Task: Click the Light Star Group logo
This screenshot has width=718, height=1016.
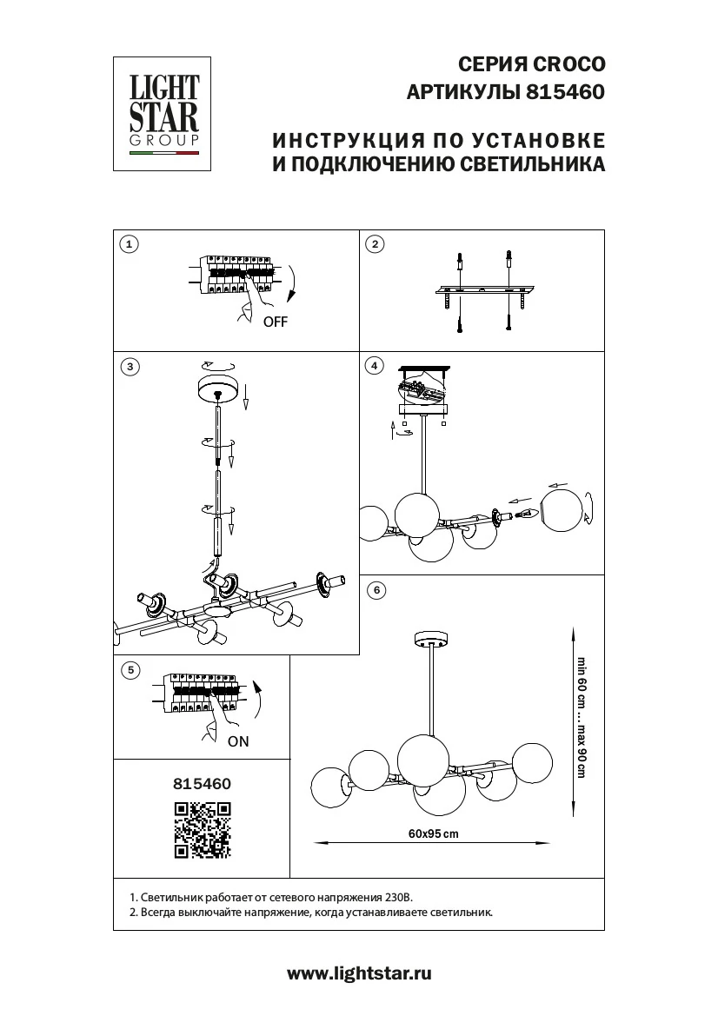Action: coord(163,113)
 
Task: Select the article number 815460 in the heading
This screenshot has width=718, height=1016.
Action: coord(565,91)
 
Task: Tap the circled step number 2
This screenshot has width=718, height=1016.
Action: coord(375,244)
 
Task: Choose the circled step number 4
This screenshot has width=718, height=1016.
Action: coord(375,366)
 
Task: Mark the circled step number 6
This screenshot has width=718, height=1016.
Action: coord(375,591)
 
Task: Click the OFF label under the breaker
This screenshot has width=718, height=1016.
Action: coord(275,322)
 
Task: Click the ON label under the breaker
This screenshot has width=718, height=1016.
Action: coord(238,741)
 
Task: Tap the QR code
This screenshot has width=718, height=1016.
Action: coord(202,830)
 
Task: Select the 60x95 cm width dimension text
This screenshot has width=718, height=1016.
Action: coord(432,833)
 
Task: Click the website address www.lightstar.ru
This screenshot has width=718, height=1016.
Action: coord(359,974)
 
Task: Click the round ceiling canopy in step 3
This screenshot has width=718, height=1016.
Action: coord(217,387)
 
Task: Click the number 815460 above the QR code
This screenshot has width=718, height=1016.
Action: coord(202,783)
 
